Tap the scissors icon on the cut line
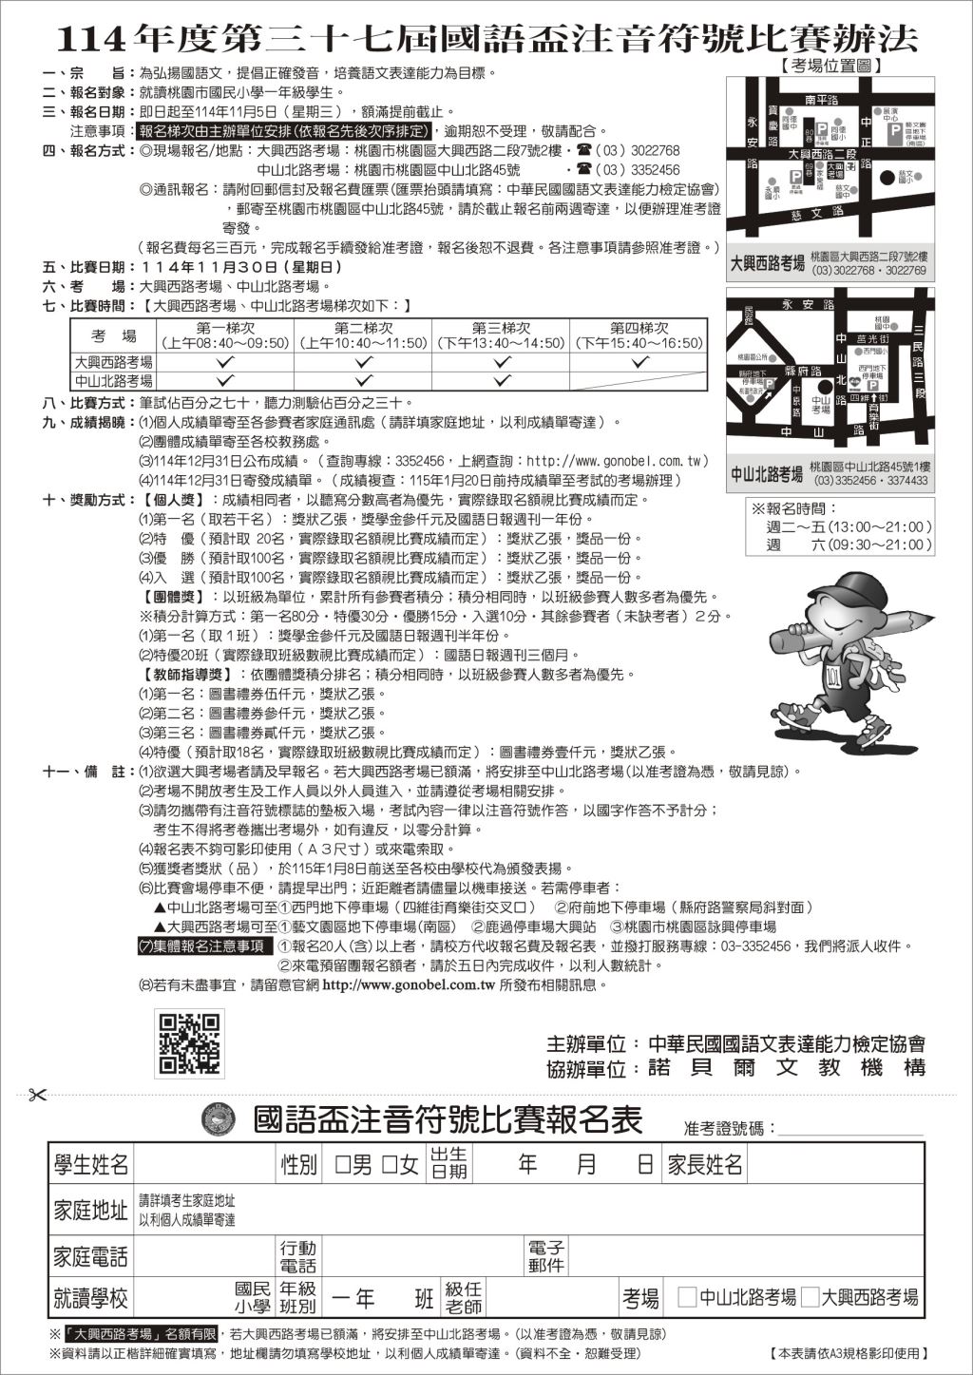pos(38,1095)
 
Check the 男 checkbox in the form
pos(343,1164)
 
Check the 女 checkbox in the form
pos(388,1164)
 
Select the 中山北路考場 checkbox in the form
pos(687,1297)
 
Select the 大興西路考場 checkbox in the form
pos(811,1297)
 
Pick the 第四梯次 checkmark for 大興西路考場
pos(639,362)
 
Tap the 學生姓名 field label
pos(91,1164)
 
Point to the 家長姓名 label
pos(704,1164)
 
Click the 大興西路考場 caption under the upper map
pos(768,263)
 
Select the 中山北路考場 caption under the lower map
pos(768,473)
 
